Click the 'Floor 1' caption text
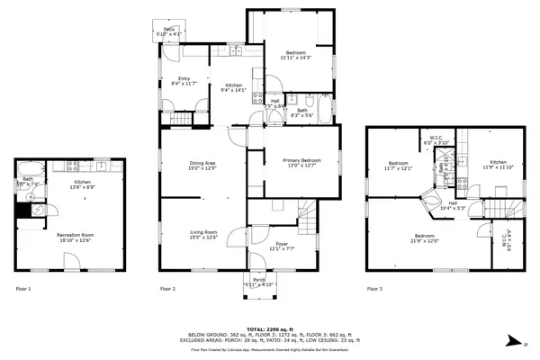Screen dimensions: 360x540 [x=23, y=289]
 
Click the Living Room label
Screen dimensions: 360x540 [x=203, y=234]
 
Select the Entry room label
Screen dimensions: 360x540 [x=184, y=81]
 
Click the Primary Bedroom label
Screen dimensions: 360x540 [x=296, y=162]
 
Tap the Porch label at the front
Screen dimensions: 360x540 [x=259, y=283]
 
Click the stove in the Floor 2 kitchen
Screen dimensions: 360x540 [x=257, y=98]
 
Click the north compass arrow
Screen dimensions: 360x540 [x=512, y=340]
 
